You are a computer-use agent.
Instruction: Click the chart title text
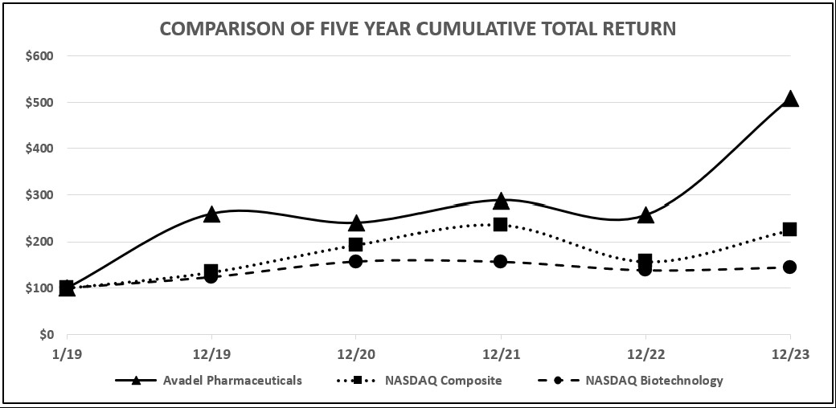tap(417, 29)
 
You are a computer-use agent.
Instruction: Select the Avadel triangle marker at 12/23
tap(790, 100)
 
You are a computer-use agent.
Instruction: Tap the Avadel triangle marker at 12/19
tap(211, 214)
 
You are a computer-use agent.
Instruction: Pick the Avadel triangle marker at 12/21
tap(501, 201)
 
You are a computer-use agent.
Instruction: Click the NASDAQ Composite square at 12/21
tap(501, 225)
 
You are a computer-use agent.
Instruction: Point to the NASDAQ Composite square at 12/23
tap(790, 230)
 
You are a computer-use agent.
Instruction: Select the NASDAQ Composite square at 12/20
tap(356, 245)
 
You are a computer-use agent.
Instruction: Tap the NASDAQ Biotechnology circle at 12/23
tap(790, 267)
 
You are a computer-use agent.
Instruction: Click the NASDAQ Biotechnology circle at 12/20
tap(356, 261)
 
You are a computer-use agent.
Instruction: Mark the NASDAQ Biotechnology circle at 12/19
tap(211, 276)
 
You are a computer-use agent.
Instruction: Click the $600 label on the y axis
tap(39, 56)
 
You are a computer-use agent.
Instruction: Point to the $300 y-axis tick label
tap(39, 195)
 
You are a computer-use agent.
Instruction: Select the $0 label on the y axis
tap(45, 334)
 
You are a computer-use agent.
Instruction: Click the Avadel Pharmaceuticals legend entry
tap(209, 381)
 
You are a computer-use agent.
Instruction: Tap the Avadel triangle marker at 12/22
tap(645, 215)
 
